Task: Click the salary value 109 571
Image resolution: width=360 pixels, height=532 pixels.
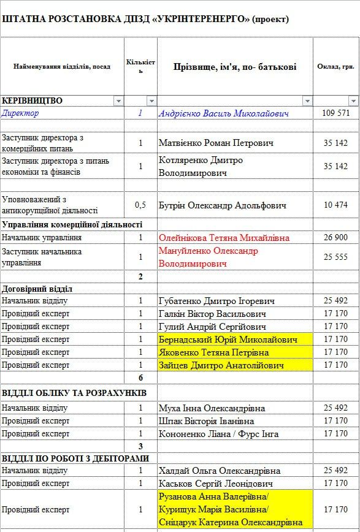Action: click(x=335, y=113)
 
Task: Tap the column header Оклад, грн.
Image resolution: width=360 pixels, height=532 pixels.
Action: click(x=335, y=66)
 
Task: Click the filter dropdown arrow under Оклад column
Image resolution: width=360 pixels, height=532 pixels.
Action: click(x=353, y=101)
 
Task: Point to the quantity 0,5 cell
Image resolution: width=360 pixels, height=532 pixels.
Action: click(x=140, y=205)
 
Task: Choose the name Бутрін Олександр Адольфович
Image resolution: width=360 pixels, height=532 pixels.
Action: click(x=222, y=205)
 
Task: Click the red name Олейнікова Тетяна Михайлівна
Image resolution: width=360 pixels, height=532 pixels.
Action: click(x=224, y=238)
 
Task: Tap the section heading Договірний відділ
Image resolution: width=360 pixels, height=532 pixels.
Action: click(x=37, y=289)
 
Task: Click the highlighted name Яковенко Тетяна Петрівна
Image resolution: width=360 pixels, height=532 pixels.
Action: click(x=214, y=352)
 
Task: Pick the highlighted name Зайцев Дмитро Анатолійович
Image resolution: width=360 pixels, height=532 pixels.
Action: click(x=221, y=365)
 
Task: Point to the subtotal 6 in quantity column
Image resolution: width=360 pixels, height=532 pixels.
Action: click(x=140, y=378)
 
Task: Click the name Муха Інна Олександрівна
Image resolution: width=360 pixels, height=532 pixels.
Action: click(x=212, y=408)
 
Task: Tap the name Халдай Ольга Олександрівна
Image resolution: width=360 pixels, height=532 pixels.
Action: click(x=220, y=471)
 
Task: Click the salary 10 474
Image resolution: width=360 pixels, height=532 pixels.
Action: click(x=335, y=205)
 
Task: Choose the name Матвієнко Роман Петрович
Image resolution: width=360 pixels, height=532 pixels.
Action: click(x=216, y=143)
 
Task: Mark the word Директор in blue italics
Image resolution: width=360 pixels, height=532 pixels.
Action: click(x=20, y=113)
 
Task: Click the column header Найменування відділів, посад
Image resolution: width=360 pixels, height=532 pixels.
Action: click(x=62, y=66)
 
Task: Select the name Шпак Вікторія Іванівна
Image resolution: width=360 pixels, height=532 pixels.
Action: click(x=206, y=421)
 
